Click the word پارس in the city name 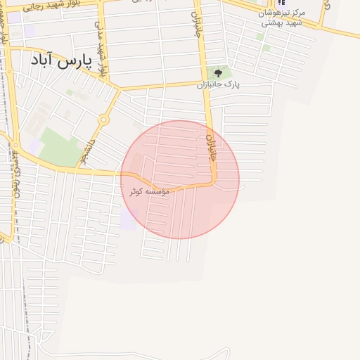75,61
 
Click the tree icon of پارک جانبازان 218,72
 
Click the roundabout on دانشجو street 103,120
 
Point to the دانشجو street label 84,148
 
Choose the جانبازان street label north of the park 198,25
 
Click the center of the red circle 180,179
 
